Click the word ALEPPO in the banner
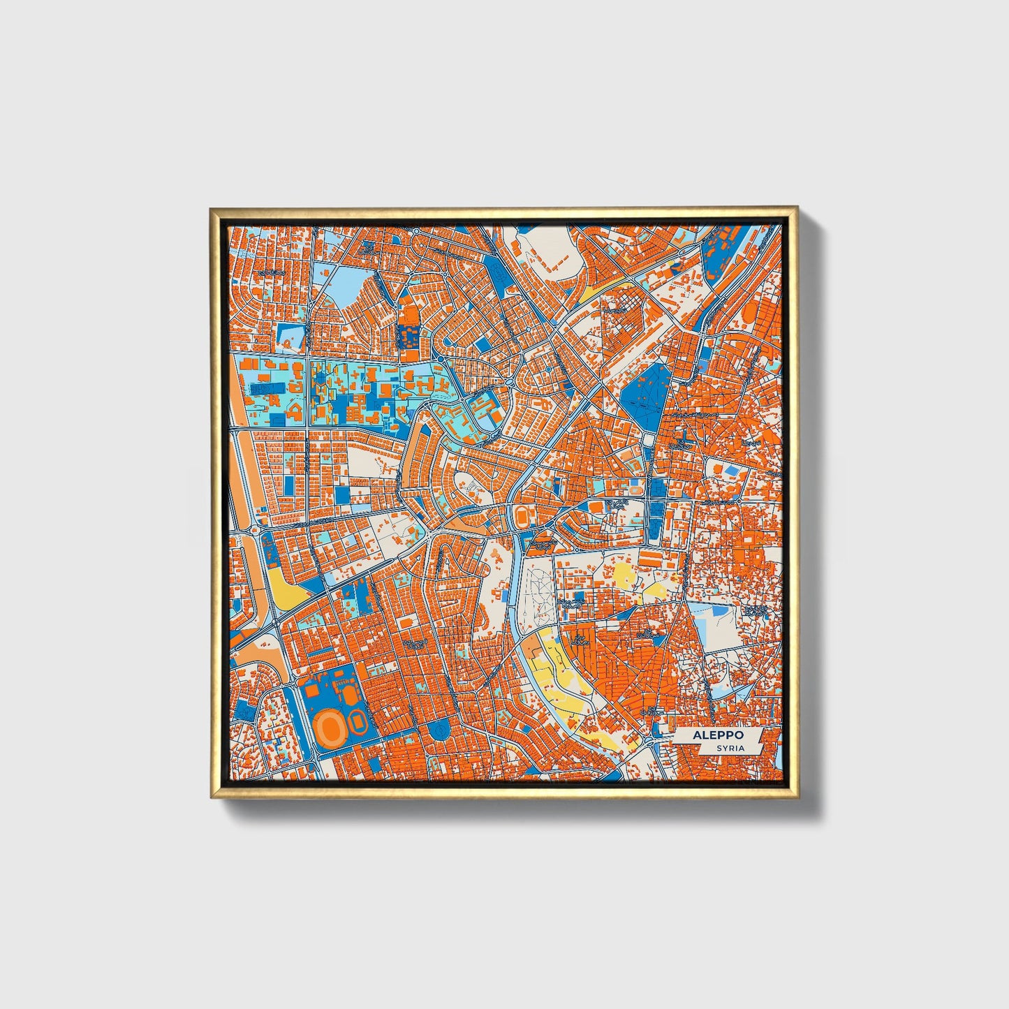tap(718, 735)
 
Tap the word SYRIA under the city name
tap(730, 748)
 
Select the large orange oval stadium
tap(329, 728)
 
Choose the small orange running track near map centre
tap(522, 517)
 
